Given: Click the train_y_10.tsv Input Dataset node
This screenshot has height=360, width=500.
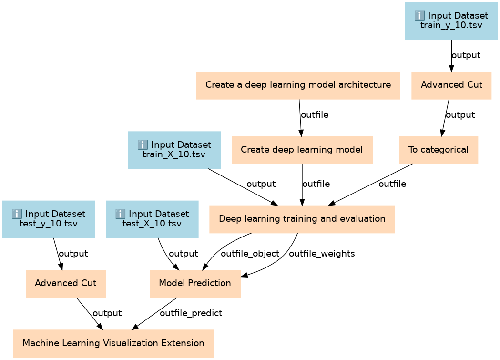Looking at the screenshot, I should pyautogui.click(x=451, y=21).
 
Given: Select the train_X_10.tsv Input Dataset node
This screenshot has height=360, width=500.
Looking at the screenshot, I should pyautogui.click(x=174, y=150).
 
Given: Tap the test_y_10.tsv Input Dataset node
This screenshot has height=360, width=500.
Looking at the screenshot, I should pyautogui.click(x=49, y=219).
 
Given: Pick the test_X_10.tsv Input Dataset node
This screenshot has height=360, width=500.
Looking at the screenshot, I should pyautogui.click(x=152, y=219).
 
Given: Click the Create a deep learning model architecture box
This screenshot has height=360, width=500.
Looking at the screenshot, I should pyautogui.click(x=298, y=85).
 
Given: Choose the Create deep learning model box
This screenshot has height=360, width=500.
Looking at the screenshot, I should pyautogui.click(x=302, y=150).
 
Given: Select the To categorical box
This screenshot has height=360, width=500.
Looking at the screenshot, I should pyautogui.click(x=439, y=150).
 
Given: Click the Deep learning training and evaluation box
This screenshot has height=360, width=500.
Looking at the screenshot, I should pyautogui.click(x=302, y=219).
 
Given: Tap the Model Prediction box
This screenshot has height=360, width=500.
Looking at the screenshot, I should pyautogui.click(x=195, y=283).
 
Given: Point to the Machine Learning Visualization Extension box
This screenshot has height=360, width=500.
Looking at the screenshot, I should pyautogui.click(x=113, y=343).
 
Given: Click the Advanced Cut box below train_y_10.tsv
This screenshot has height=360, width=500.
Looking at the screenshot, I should pyautogui.click(x=451, y=85).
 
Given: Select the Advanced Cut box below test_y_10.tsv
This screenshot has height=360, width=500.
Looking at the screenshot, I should pyautogui.click(x=65, y=283).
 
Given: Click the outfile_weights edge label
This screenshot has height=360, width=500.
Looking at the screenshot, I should pyautogui.click(x=322, y=254).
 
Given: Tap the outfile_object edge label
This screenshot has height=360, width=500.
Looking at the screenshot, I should pyautogui.click(x=250, y=254).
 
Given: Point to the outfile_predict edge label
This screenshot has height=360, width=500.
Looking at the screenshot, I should pyautogui.click(x=191, y=313).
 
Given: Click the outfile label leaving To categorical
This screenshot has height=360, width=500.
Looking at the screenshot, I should pyautogui.click(x=392, y=184).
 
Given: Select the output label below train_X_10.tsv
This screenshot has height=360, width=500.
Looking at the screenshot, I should pyautogui.click(x=261, y=184).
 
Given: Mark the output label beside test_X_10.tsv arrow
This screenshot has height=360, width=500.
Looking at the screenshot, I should pyautogui.click(x=184, y=254).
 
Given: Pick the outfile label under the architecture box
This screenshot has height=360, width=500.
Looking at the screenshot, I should pyautogui.click(x=314, y=115).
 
